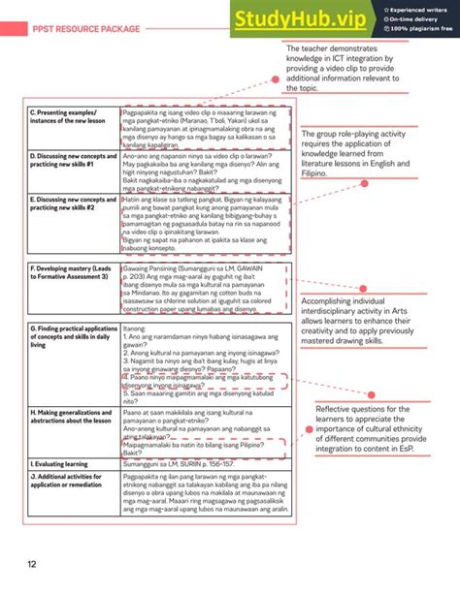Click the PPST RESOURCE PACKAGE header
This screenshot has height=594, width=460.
point(85,29)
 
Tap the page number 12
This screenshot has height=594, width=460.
point(32,564)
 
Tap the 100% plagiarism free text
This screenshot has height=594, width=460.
point(414,29)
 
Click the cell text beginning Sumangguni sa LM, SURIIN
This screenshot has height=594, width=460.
point(180,464)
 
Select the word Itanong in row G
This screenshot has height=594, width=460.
point(135,329)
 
